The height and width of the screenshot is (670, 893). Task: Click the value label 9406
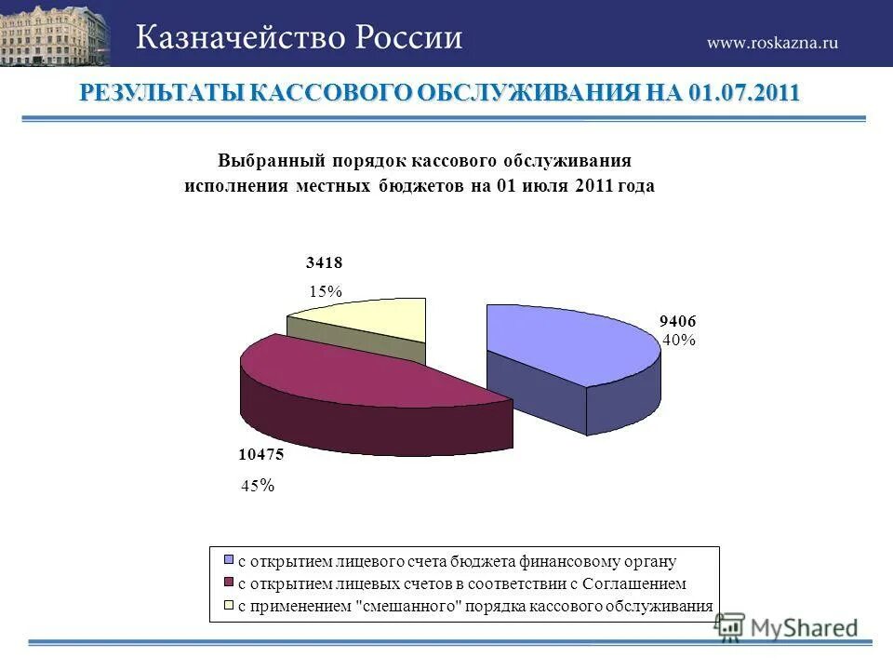[x=678, y=321]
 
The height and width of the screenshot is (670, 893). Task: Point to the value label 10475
[x=260, y=455]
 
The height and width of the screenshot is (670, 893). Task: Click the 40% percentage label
[x=679, y=341]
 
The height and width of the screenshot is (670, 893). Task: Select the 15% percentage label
[x=326, y=291]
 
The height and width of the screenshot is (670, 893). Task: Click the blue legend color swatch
[x=229, y=562]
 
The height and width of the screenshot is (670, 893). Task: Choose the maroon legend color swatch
[x=229, y=583]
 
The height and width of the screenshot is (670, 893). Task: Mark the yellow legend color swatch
[x=229, y=606]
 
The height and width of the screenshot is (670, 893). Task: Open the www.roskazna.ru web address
[x=772, y=43]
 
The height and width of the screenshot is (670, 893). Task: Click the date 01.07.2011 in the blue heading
[x=744, y=94]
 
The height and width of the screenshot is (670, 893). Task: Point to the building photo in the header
[x=54, y=33]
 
